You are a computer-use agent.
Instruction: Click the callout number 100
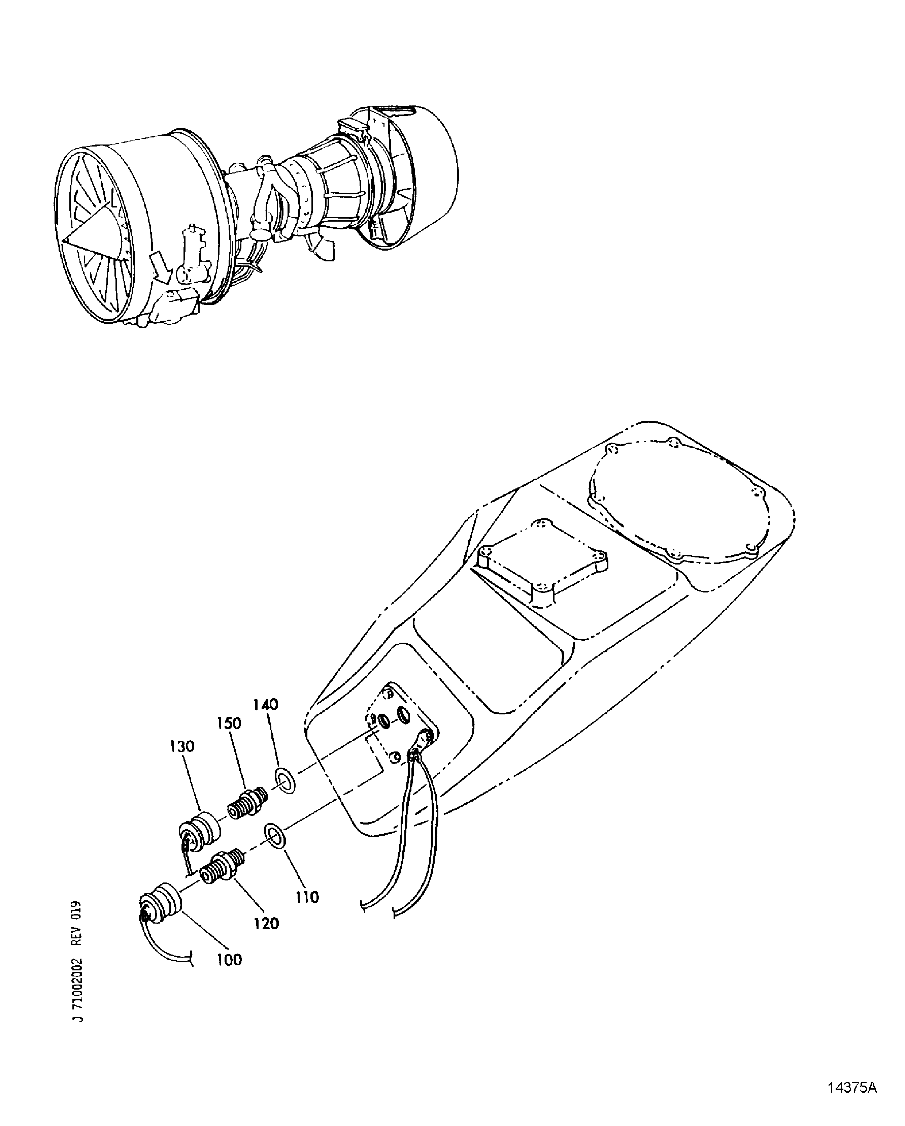pos(229,960)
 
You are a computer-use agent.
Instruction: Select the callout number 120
pos(266,924)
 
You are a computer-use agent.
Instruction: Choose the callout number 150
pos(229,723)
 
